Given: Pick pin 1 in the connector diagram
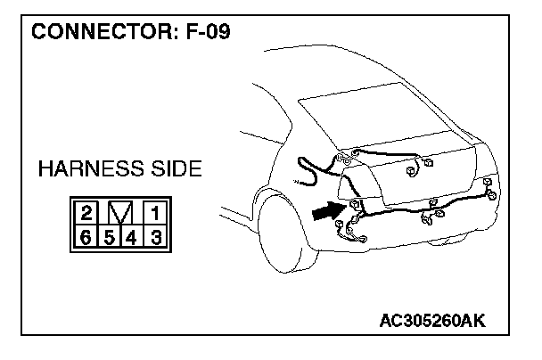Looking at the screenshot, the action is point(153,213).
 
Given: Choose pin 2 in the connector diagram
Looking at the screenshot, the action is point(86,213).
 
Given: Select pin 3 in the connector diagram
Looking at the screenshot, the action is point(153,236).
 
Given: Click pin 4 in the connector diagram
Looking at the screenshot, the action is point(130,236).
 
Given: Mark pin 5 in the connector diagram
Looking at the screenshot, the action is point(108,236).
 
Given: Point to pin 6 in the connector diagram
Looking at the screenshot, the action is point(86,236).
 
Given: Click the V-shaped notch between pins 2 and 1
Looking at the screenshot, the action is point(119,213).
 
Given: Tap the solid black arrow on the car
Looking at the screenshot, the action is point(327,211).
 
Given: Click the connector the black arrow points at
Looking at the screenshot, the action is point(354,205).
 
